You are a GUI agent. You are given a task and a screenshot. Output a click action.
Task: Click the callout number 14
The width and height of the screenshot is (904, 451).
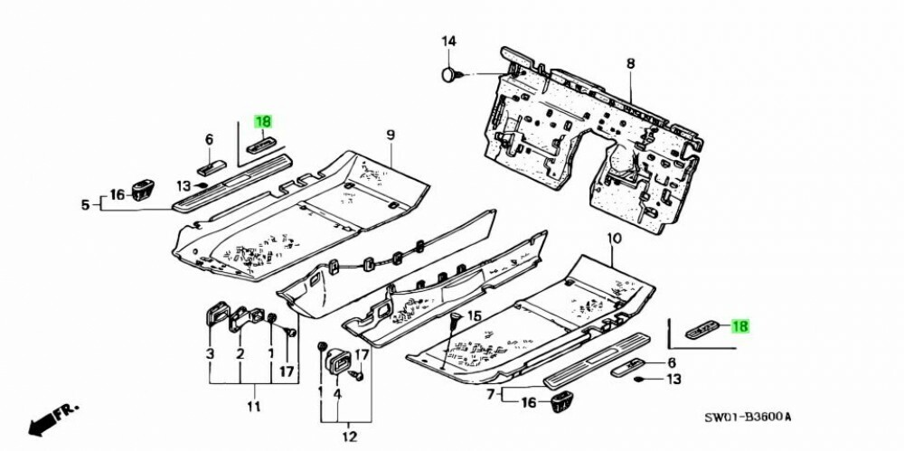point(449,41)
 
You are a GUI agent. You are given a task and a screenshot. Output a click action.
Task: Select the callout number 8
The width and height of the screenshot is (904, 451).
point(630,62)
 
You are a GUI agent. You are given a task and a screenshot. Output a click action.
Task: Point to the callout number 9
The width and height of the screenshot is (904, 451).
point(391,135)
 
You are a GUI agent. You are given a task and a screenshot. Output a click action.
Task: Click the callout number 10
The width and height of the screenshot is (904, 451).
point(614,239)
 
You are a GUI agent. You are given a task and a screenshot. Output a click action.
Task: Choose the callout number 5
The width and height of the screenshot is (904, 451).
point(86,206)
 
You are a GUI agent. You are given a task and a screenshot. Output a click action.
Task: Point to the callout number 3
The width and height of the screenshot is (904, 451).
point(210,352)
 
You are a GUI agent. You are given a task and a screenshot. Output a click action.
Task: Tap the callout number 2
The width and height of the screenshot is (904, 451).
point(240,352)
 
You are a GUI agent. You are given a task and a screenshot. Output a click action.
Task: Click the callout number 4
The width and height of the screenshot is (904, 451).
point(337,394)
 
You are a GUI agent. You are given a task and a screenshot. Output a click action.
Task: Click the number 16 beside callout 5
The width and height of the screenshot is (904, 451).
point(117,194)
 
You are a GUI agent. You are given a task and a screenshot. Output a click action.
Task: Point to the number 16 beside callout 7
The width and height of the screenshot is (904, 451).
point(530,402)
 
